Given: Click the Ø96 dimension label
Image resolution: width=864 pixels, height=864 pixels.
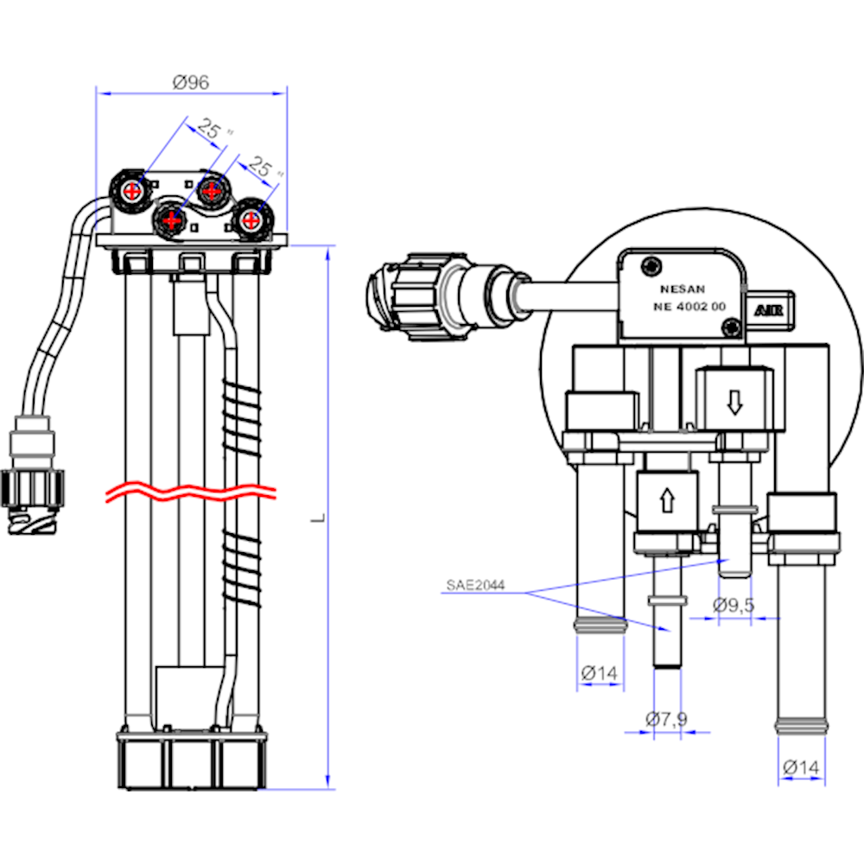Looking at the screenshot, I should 191,83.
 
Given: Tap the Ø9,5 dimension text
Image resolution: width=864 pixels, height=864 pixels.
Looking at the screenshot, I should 734,605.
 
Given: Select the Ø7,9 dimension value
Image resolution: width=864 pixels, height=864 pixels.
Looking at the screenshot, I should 666,717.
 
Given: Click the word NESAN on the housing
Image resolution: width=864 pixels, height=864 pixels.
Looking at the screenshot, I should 681,290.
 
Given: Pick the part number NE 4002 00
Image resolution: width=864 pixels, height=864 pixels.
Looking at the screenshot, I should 689,308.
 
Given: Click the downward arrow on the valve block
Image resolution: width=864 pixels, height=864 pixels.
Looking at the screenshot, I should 734,401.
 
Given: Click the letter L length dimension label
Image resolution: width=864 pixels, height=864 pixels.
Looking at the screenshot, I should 317,518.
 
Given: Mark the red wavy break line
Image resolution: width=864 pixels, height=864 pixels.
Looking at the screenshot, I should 190,493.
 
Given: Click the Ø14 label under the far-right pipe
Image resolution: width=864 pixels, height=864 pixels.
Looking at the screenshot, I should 801,766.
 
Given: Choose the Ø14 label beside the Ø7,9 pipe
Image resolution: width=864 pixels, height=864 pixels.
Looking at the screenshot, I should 599,671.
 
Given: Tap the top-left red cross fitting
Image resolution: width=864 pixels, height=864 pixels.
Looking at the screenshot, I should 130,191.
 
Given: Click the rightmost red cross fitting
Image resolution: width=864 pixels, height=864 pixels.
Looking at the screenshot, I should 251,219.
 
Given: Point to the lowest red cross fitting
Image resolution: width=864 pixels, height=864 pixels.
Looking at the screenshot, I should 172,221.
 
